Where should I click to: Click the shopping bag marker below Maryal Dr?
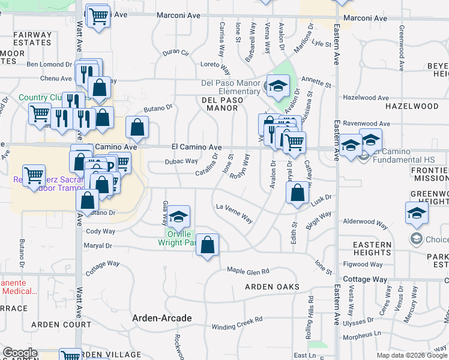[x=207, y=245]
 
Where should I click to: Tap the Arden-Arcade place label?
[x=162, y=318]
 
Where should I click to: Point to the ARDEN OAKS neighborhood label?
[x=272, y=287]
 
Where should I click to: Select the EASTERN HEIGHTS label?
[x=372, y=248]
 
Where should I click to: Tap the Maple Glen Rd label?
[x=248, y=271]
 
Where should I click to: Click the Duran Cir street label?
[x=176, y=53]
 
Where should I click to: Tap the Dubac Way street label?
[x=181, y=161]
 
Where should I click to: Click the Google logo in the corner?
[x=20, y=353]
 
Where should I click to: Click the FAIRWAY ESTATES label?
[x=32, y=39]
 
